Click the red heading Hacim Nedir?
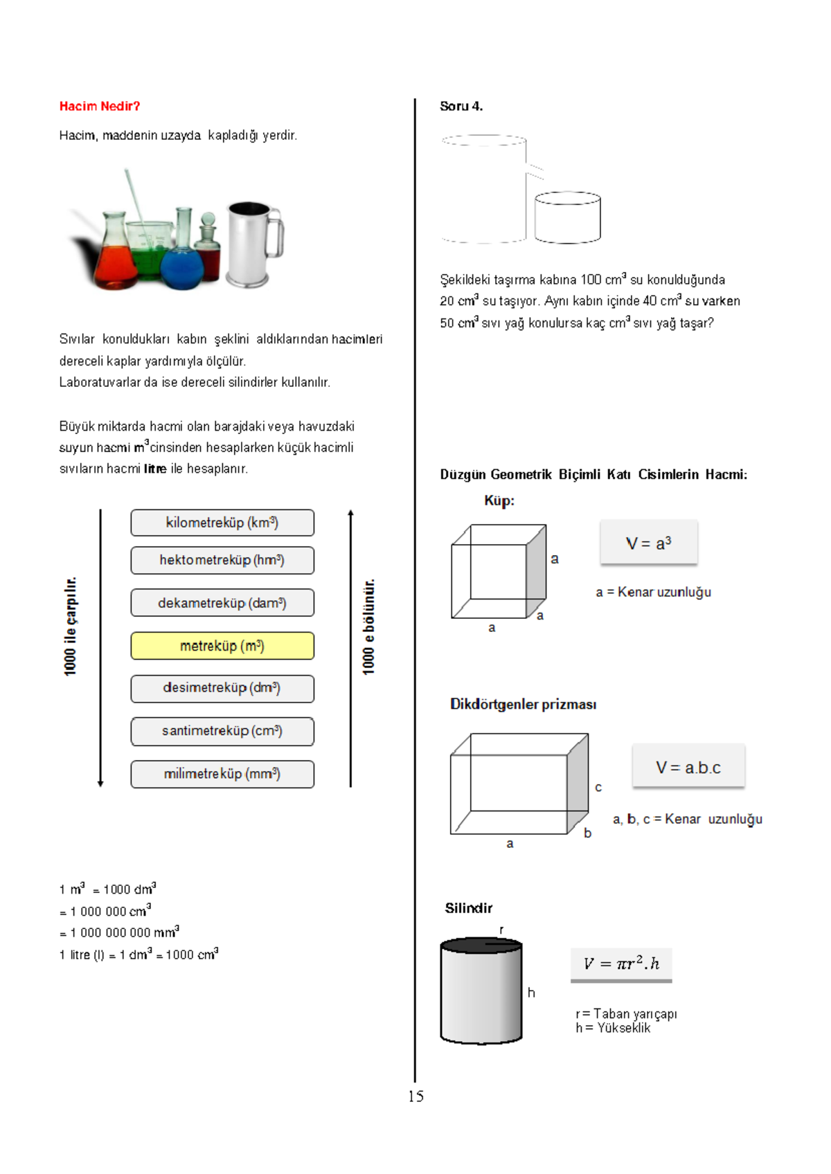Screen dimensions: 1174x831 [100, 106]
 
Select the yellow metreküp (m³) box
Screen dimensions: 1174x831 [222, 646]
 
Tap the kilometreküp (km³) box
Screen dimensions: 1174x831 [222, 523]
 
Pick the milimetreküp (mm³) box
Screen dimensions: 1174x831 [222, 774]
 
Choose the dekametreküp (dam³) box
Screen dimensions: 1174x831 [222, 603]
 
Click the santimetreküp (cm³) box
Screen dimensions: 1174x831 [222, 731]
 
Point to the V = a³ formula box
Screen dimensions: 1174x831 [648, 543]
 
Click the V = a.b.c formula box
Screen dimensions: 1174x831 [688, 767]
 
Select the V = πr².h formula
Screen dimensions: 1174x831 [621, 964]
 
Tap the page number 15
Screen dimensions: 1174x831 [415, 1096]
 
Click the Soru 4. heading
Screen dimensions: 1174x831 [461, 106]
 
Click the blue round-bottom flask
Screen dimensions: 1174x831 [182, 267]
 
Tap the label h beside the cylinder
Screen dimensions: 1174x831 [531, 993]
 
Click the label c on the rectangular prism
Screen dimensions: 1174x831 [598, 787]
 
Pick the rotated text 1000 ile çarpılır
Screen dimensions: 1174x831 [71, 626]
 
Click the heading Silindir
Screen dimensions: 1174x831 [468, 908]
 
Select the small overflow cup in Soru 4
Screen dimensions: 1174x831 [567, 217]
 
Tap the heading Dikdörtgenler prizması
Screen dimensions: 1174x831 [523, 704]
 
